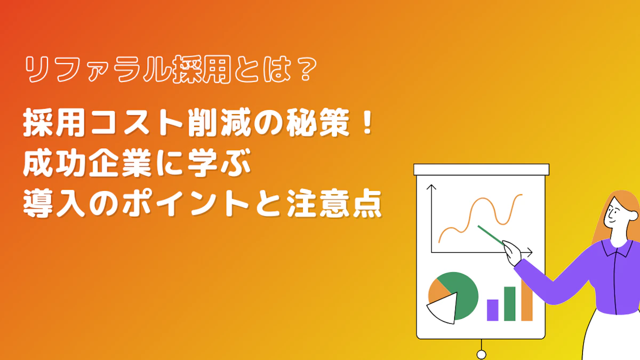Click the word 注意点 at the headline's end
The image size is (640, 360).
335,204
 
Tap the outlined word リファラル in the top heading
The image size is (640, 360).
97,69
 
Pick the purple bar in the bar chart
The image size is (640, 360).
493,310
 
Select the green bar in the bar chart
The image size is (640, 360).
510,303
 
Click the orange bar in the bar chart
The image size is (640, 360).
527,300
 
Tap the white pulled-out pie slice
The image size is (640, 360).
443,309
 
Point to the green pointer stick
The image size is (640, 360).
490,235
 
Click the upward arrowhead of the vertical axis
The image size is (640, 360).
431,187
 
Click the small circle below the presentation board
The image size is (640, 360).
482,355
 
